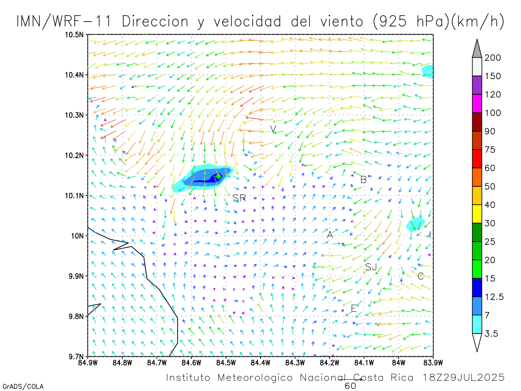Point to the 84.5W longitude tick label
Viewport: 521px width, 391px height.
point(226,362)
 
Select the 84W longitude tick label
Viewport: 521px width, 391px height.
point(399,362)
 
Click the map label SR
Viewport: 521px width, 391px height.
point(239,198)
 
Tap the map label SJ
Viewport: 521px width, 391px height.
point(371,267)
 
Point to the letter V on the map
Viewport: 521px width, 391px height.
point(273,129)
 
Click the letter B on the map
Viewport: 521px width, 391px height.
point(364,179)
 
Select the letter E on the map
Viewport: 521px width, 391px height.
point(353,308)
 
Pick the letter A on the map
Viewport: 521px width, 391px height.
point(330,235)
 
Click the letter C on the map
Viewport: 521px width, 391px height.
point(420,276)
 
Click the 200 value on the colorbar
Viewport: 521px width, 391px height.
point(492,58)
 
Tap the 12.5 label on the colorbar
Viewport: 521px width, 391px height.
point(495,297)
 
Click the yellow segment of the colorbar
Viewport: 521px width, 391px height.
point(477,214)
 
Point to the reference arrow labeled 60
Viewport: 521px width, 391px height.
point(350,379)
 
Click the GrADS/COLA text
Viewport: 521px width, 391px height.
point(23,386)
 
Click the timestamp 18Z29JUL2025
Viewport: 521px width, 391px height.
point(464,378)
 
